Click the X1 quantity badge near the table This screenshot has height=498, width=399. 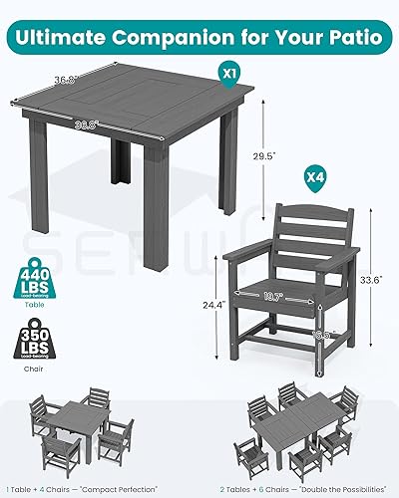[229, 74]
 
